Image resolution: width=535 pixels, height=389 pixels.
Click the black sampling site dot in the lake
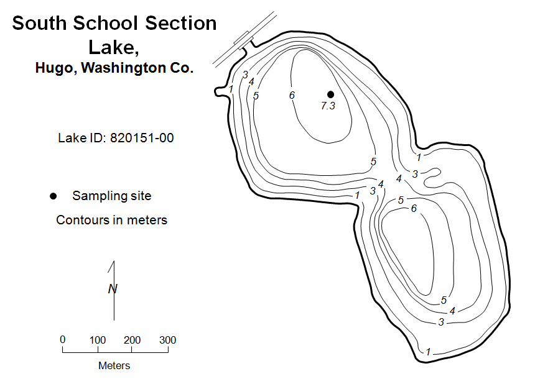(x=330, y=94)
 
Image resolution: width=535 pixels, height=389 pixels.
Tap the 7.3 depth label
(x=328, y=106)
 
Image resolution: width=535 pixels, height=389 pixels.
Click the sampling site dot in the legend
(x=53, y=196)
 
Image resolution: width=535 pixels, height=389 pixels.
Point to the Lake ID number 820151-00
(x=142, y=138)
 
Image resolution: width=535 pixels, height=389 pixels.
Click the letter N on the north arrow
(x=113, y=289)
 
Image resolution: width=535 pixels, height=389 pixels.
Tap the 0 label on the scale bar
(x=62, y=339)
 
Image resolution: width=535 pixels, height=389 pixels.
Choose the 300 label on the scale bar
(x=167, y=340)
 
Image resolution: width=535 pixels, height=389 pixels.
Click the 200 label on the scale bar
(x=132, y=340)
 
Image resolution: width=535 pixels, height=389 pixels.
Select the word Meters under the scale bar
(x=114, y=365)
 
